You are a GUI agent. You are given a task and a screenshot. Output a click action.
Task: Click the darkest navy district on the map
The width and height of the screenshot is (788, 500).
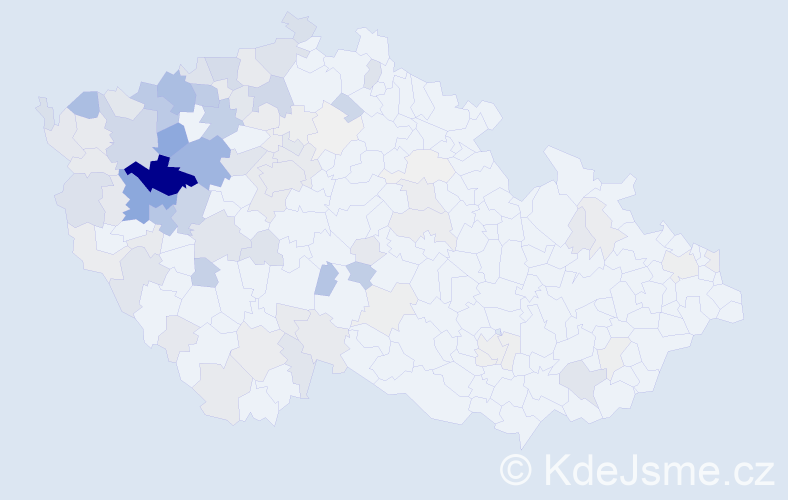(160, 178)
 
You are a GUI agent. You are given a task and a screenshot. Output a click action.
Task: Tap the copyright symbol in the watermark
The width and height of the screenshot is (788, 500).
(516, 469)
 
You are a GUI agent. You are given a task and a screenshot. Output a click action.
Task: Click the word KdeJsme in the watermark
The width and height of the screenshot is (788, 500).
(621, 469)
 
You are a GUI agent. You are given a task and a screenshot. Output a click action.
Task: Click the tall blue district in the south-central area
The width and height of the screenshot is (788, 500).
(326, 279)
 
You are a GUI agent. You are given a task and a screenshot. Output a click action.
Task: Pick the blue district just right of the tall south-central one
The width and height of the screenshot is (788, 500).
(360, 273)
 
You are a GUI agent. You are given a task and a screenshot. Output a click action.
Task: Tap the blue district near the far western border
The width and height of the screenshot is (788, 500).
(84, 102)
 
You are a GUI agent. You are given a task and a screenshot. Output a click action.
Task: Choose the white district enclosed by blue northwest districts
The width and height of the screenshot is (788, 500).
(188, 122)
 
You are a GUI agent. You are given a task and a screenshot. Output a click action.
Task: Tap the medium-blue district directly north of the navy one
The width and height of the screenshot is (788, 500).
(171, 139)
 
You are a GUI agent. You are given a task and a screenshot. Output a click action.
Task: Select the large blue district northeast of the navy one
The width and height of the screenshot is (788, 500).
(206, 159)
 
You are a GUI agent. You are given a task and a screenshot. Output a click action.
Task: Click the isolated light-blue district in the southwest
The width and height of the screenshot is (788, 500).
(204, 271)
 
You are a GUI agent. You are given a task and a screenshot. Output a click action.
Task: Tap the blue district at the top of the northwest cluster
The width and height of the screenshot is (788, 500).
(176, 91)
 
